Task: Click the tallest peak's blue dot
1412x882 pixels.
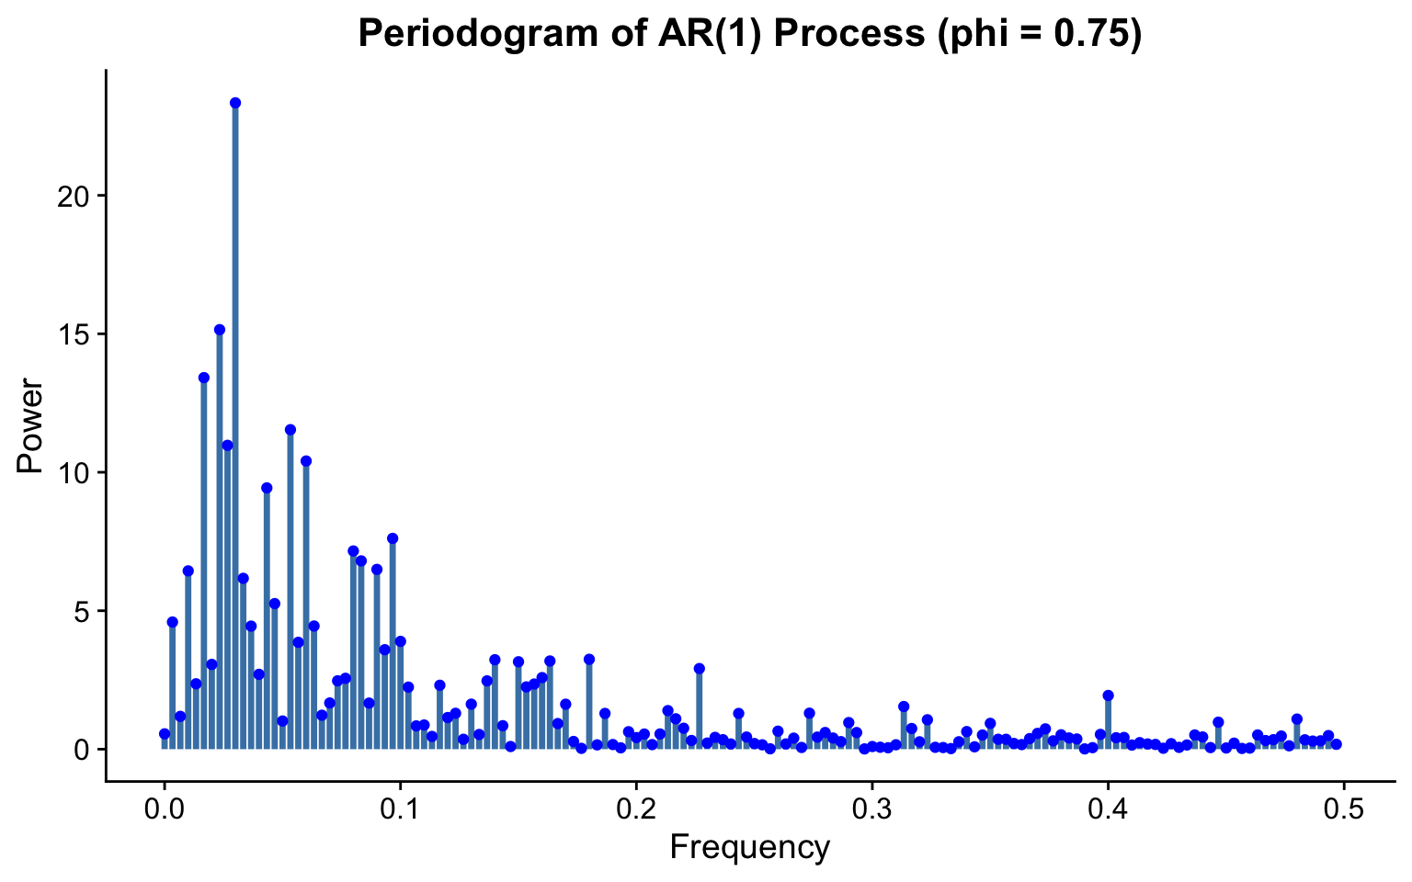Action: pyautogui.click(x=235, y=103)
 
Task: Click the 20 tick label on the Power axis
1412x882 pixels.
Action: pyautogui.click(x=73, y=198)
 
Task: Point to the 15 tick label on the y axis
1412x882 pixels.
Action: pyautogui.click(x=73, y=335)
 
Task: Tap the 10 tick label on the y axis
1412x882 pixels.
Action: pyautogui.click(x=73, y=474)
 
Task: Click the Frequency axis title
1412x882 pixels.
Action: pyautogui.click(x=750, y=848)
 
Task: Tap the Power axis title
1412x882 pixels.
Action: pyautogui.click(x=29, y=425)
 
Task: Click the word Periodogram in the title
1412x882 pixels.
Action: pyautogui.click(x=478, y=34)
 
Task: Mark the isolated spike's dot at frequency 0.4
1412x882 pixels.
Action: pyautogui.click(x=1108, y=695)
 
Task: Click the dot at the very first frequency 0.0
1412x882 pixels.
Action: pyautogui.click(x=165, y=734)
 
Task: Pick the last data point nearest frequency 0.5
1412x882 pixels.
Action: pyautogui.click(x=1337, y=744)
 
